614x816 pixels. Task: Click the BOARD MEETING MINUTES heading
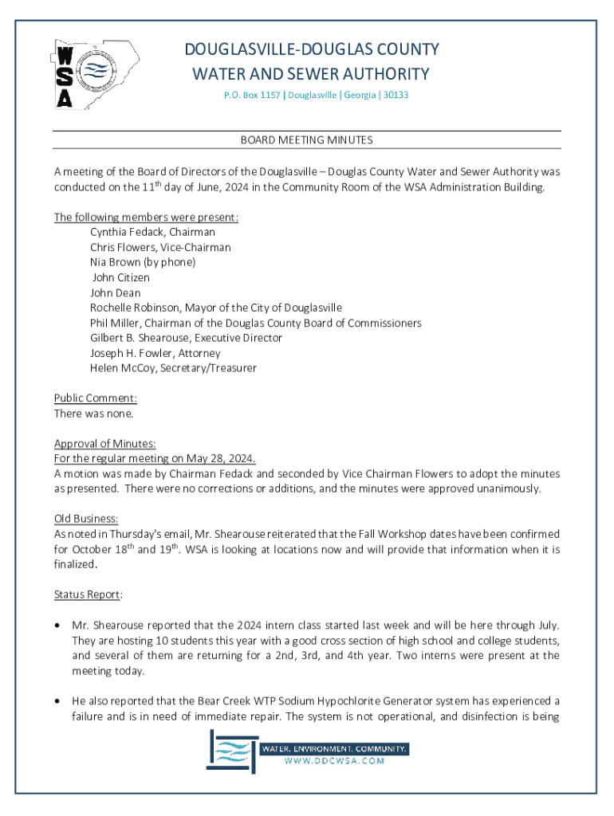(x=307, y=140)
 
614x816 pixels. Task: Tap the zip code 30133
(x=395, y=95)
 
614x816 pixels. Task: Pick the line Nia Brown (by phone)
(x=142, y=262)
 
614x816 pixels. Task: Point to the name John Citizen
(x=120, y=277)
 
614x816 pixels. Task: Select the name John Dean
(x=115, y=292)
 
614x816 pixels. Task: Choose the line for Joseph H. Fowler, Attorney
(x=155, y=353)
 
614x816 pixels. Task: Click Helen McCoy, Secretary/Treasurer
(x=173, y=368)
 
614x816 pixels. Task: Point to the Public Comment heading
(x=95, y=398)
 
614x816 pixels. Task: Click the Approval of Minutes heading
(x=104, y=444)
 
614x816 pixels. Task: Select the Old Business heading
(x=86, y=519)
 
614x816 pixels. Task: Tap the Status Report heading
(x=88, y=594)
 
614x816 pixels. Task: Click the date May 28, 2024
(x=222, y=459)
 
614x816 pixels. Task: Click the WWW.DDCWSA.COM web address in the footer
(x=335, y=761)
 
